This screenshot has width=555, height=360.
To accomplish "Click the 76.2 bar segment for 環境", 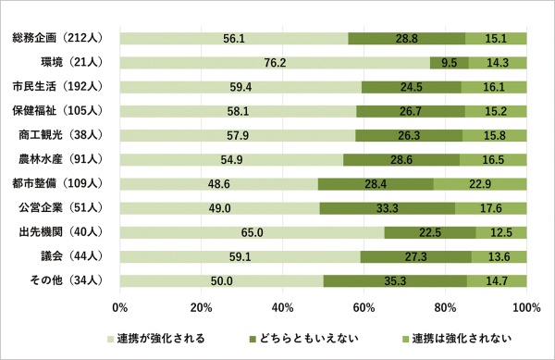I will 275,63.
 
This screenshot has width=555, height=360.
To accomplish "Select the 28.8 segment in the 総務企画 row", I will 406,39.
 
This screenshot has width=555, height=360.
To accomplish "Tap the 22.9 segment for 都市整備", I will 479,183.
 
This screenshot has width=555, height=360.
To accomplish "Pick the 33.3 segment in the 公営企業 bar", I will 387,207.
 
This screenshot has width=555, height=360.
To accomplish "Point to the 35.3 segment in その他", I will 395,279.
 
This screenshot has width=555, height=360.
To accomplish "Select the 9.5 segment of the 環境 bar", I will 450,63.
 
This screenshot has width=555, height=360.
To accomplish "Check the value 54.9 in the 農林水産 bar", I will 231,159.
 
